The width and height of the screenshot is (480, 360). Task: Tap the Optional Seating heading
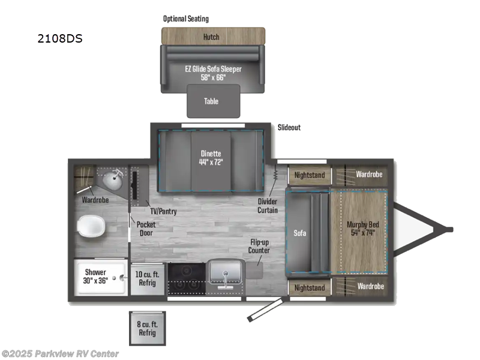pos(186,19)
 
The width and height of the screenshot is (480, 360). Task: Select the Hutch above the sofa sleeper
pos(211,37)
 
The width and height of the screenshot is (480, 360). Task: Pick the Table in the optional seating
pos(211,101)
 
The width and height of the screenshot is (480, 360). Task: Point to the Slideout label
pos(289,128)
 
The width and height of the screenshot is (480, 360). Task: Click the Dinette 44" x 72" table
pos(211,157)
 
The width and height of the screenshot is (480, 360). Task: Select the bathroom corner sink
pos(112,179)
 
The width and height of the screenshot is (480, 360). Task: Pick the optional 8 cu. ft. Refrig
pos(147,328)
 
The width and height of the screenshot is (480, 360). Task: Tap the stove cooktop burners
pos(185,278)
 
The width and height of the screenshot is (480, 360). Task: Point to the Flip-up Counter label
pos(260,246)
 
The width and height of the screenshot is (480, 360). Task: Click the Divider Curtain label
pos(268,206)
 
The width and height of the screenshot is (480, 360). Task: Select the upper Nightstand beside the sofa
pos(309,175)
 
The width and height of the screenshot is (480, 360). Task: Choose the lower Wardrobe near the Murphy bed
pos(369,286)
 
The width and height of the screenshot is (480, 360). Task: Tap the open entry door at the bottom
pos(265,310)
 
